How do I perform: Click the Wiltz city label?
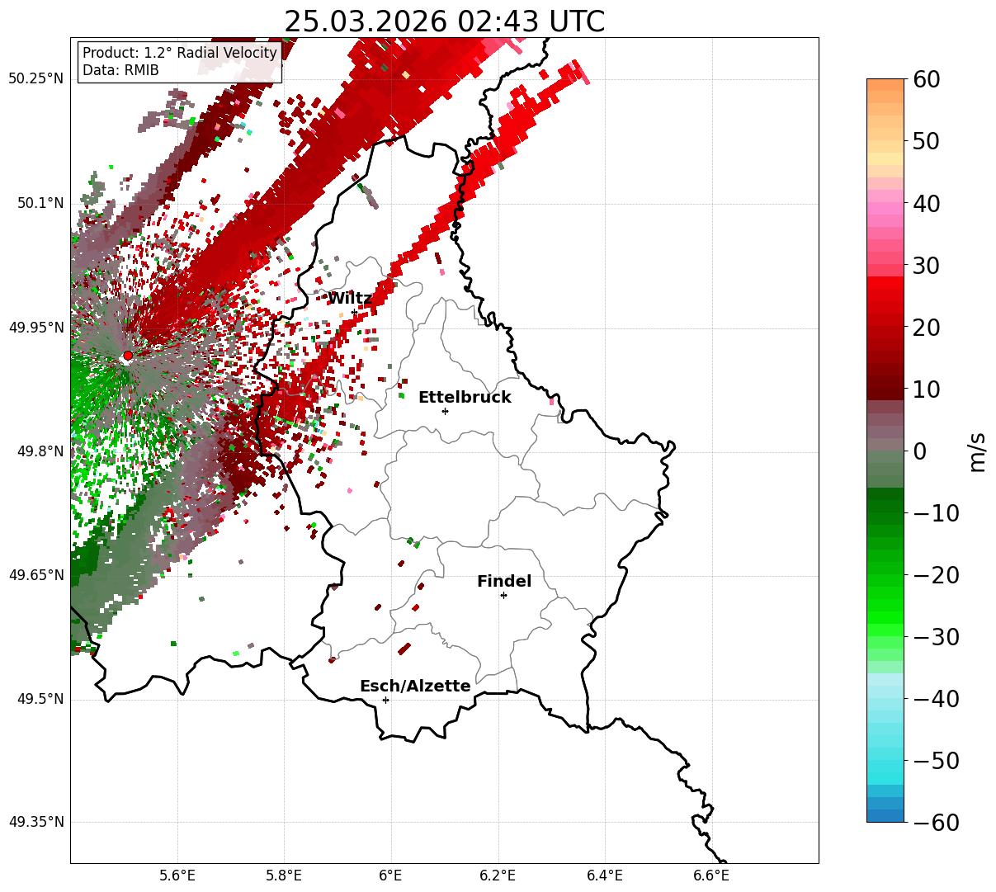349,298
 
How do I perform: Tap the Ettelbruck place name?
465,397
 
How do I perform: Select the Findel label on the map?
504,582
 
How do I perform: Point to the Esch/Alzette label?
415,686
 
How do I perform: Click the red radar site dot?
127,356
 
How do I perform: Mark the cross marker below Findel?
503,595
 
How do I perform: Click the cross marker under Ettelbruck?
446,411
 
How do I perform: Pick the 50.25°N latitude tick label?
35,79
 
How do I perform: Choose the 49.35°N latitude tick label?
35,823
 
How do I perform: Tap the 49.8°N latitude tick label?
39,451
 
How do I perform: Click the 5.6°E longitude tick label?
177,875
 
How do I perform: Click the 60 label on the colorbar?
926,79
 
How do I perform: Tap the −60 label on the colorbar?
936,823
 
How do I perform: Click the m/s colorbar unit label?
977,451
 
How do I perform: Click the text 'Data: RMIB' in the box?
120,70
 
